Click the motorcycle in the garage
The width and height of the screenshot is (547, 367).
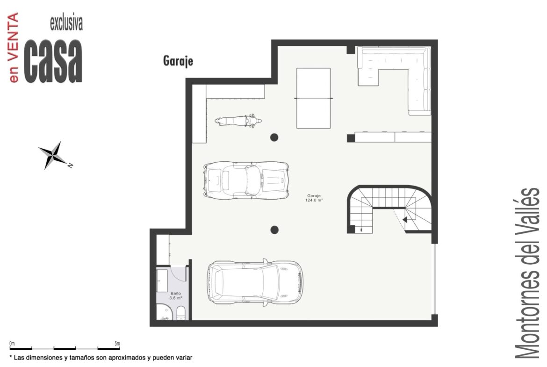click(238, 121)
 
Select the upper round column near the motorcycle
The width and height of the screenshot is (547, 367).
click(274, 137)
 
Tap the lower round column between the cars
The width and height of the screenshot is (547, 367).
click(274, 230)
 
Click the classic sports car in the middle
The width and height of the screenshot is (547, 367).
click(246, 180)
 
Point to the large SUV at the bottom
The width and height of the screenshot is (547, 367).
click(255, 282)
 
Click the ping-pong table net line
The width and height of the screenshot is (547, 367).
click(313, 98)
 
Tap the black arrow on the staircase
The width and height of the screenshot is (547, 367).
click(405, 220)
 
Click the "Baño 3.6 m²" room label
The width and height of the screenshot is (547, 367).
click(176, 296)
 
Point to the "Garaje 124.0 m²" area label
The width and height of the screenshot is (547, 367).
click(314, 198)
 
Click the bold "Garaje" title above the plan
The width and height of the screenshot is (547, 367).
click(178, 61)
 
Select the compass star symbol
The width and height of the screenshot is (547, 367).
click(53, 155)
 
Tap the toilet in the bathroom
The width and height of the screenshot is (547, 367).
click(181, 313)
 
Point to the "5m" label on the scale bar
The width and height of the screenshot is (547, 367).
click(117, 344)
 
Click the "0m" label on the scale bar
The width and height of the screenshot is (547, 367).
click(12, 344)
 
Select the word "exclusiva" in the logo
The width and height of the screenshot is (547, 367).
click(66, 23)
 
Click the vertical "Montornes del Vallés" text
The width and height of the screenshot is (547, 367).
click(527, 273)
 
